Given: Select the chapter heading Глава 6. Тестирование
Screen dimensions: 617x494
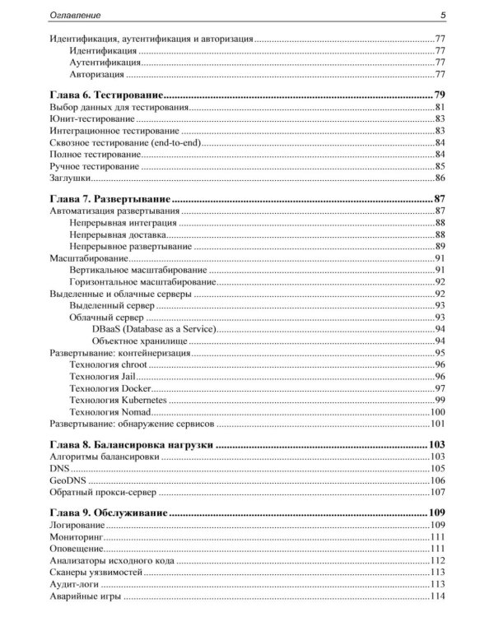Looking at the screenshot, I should point(104,95).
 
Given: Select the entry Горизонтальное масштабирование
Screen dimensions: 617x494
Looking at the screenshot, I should point(136,281).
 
